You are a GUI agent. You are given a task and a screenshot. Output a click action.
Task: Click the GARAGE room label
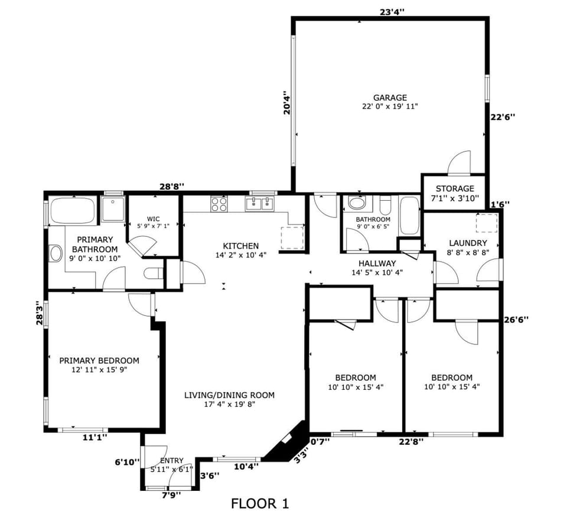pos(390,98)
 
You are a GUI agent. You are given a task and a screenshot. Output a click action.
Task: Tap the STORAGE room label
pos(455,188)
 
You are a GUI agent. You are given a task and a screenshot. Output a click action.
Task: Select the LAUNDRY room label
pos(468,243)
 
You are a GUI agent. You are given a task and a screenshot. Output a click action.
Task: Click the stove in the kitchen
pos(219,204)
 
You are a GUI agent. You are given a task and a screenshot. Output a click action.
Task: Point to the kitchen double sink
pos(259,204)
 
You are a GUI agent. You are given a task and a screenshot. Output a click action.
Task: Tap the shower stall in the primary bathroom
pos(112,209)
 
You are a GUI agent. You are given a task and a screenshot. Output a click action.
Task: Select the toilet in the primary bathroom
pos(154,274)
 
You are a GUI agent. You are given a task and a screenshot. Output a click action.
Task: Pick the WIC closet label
pos(154,218)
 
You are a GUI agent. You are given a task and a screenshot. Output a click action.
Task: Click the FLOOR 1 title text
pos(260,504)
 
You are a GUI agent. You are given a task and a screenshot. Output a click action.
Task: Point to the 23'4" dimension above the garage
pos(392,11)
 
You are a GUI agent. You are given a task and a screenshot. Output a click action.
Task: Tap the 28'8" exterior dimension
pos(172,186)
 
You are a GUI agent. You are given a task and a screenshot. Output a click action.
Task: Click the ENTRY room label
pos(171,461)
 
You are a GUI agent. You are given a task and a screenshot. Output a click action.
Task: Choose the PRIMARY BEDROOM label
pos(99,360)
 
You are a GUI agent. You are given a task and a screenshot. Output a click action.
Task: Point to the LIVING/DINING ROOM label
pos(229,395)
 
